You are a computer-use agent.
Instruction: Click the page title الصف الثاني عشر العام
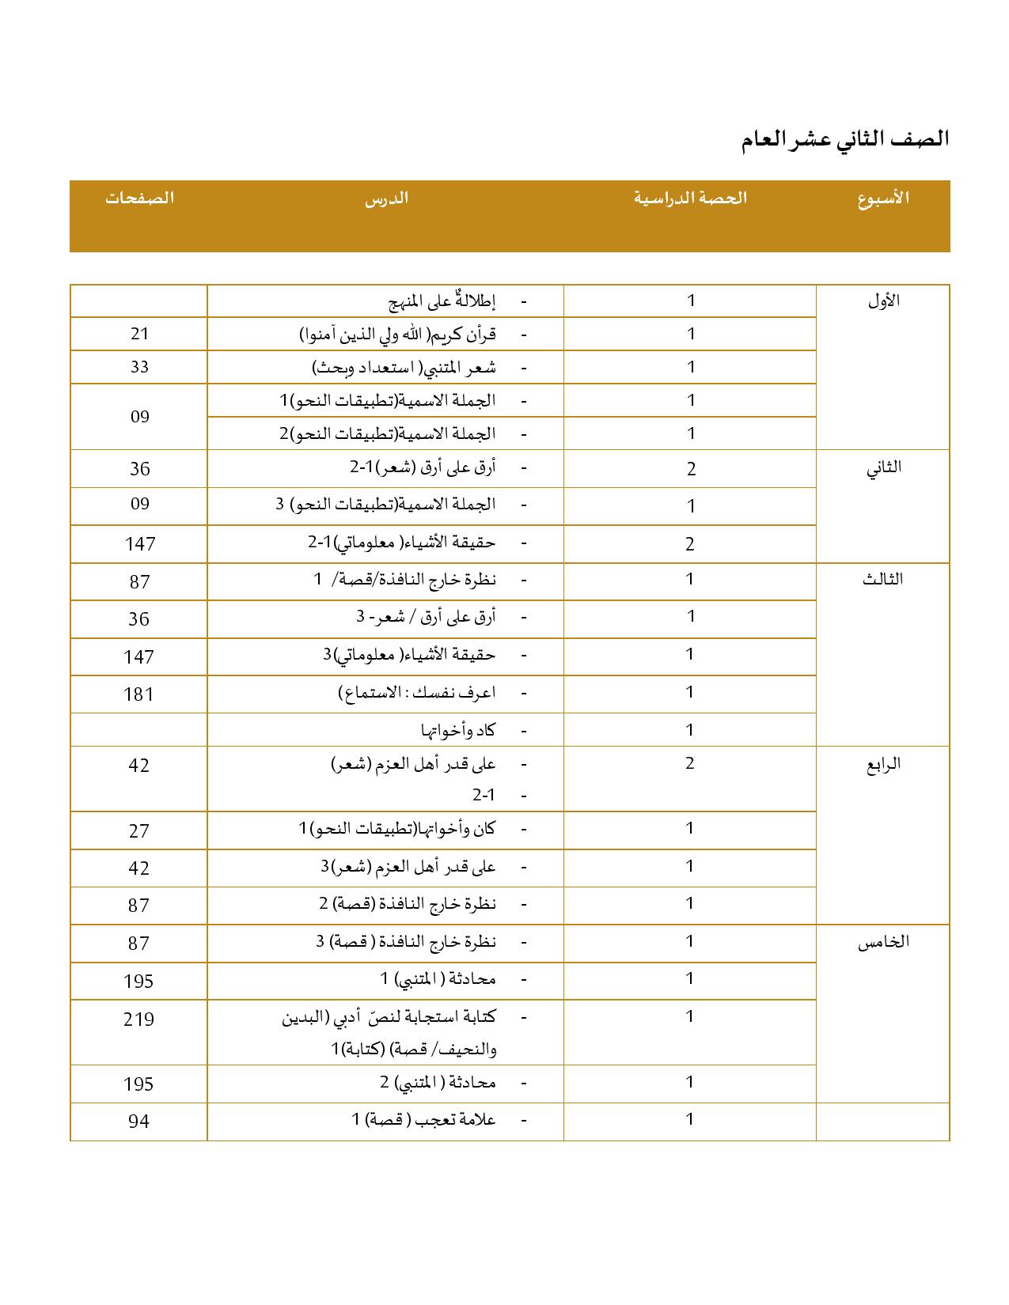coord(844,139)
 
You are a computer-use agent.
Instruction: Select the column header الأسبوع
coord(883,198)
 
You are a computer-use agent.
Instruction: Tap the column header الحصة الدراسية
coord(690,198)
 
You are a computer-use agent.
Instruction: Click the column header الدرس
coord(386,198)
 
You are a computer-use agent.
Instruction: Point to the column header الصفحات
coord(139,198)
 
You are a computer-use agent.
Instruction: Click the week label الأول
coord(883,301)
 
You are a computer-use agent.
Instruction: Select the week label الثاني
coord(883,467)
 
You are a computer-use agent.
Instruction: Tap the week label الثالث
coord(883,579)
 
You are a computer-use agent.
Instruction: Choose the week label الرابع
coord(883,765)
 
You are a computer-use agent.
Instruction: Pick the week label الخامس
coord(883,942)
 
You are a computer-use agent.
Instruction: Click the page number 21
coord(139,334)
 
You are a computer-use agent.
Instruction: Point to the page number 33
coord(139,367)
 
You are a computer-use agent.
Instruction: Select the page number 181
coord(139,694)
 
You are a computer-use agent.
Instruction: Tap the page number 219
coord(139,1019)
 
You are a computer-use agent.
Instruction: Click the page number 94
coord(139,1121)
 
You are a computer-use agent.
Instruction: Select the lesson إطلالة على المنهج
coord(442,301)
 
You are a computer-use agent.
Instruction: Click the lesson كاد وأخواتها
coord(458,730)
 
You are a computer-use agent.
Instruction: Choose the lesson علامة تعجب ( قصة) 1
coord(423,1120)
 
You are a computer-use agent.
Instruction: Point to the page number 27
coord(139,830)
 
